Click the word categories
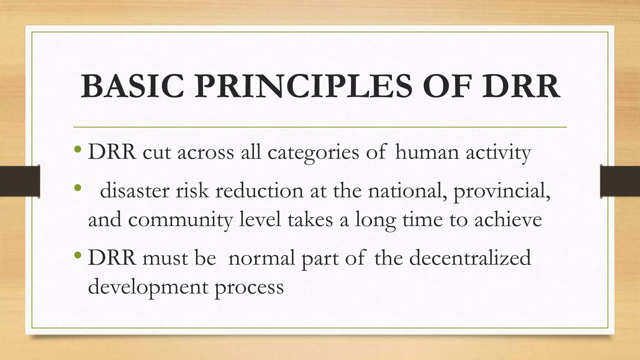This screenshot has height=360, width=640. point(313,153)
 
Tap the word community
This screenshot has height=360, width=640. point(180,220)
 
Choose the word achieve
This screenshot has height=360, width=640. point(508,219)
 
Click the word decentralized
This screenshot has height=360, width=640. point(470,258)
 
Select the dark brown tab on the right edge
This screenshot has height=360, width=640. point(620,181)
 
